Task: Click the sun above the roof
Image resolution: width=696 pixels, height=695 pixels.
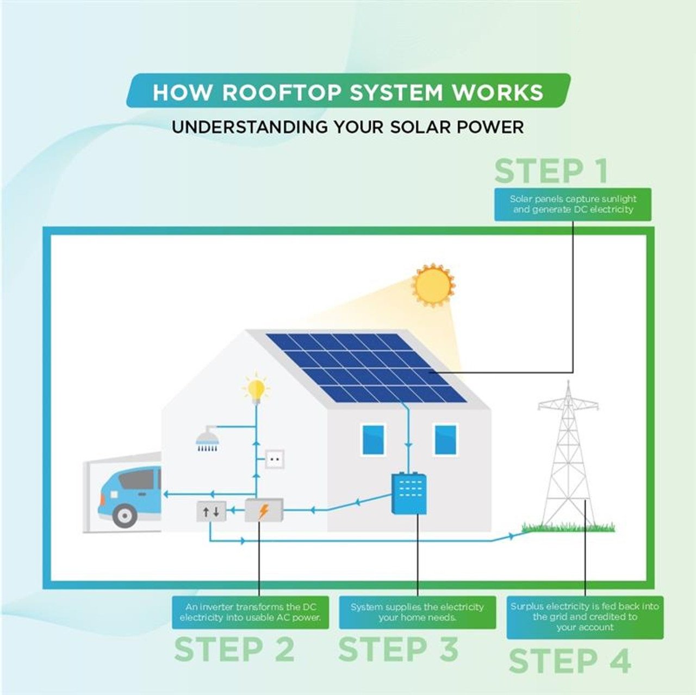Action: [433, 286]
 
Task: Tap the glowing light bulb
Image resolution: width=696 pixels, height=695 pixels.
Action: [256, 389]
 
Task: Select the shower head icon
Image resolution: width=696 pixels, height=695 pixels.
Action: [207, 439]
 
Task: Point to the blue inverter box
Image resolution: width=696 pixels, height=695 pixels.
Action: [409, 493]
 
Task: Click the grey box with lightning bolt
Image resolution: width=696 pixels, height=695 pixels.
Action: [264, 511]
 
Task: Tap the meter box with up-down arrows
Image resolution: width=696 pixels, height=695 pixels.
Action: [211, 511]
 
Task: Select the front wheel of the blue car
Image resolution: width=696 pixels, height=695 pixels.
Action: [125, 514]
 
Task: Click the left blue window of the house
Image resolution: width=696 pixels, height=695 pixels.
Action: [373, 439]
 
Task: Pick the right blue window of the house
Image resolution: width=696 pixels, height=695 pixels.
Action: [445, 439]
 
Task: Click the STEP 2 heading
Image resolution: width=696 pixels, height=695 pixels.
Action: [234, 649]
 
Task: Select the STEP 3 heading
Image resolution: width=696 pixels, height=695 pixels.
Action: [398, 649]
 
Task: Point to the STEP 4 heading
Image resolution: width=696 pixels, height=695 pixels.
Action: [570, 660]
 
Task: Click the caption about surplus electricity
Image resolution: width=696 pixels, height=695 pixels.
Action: [585, 617]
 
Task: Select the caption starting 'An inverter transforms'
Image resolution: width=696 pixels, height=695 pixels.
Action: [251, 612]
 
